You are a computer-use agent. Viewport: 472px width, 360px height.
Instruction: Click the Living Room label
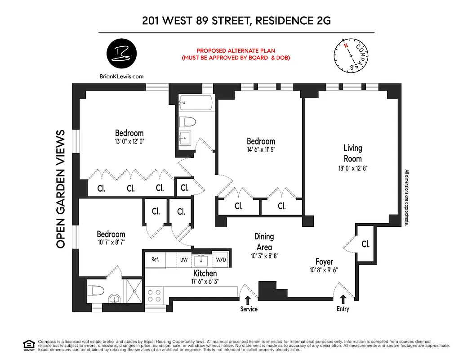coord(352,153)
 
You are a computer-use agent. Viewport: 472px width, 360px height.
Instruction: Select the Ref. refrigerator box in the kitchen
coord(155,260)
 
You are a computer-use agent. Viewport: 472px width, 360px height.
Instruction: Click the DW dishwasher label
coord(184,260)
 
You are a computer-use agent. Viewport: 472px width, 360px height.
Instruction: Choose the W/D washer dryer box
coord(221,260)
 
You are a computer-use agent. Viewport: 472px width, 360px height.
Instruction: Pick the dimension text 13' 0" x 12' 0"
coord(129,141)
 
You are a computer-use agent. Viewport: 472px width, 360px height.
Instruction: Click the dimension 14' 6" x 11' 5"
coord(261,149)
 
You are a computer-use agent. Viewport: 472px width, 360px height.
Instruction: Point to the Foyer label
coord(324,262)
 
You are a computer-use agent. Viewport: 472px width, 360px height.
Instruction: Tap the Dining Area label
coord(264,242)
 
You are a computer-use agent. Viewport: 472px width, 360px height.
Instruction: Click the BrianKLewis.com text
coord(121,76)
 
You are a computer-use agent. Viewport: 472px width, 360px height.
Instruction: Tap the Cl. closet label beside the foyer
coord(365,244)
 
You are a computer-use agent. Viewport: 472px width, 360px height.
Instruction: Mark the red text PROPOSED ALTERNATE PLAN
coord(236,51)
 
